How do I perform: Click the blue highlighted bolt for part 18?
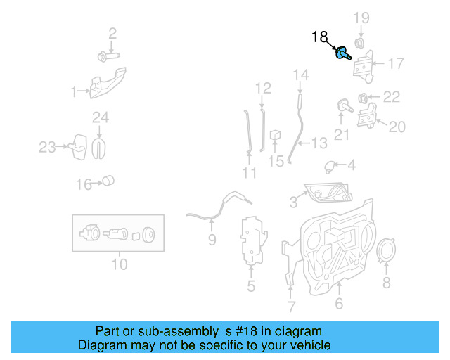[344, 53]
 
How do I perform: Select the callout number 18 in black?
[319, 37]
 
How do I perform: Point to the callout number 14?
[300, 74]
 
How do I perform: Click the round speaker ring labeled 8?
[385, 253]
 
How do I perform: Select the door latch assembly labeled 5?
[251, 243]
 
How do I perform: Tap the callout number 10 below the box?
[119, 265]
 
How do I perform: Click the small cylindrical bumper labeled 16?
[108, 181]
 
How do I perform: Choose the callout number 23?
[46, 147]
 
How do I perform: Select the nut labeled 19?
[359, 43]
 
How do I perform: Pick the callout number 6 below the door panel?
[338, 304]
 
